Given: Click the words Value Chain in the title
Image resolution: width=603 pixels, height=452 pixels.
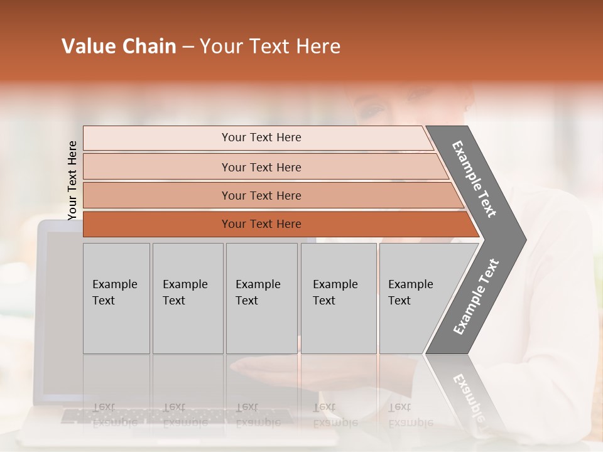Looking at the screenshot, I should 119,46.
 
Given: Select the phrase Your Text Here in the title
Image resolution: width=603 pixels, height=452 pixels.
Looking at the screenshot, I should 270,46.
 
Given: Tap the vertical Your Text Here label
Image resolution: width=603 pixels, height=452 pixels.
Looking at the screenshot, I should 72,180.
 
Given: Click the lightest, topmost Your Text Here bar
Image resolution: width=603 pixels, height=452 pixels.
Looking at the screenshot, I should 261,137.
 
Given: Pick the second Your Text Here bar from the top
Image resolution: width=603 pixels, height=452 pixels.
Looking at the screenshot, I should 261,167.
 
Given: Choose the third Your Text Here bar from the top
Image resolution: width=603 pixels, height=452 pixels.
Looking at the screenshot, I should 261,195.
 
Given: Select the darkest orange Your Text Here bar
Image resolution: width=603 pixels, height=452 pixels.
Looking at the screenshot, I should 261,224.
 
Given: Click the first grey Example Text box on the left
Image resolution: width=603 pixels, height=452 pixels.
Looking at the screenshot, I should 116,298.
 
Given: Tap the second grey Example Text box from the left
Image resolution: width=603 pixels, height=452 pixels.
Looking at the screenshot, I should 187,298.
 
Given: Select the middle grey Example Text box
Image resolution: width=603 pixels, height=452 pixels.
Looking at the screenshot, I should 261,298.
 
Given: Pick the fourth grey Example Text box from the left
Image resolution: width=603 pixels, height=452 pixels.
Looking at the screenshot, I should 338,298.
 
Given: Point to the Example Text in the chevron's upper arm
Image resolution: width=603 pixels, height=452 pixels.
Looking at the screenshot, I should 475,179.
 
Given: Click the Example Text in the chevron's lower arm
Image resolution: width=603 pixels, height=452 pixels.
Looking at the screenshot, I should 476,296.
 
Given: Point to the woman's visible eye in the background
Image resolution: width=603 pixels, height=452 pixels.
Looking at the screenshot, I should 375,110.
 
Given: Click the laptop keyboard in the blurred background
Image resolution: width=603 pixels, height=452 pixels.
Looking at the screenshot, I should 176,416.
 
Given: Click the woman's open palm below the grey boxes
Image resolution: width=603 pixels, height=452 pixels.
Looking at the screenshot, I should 264,364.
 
